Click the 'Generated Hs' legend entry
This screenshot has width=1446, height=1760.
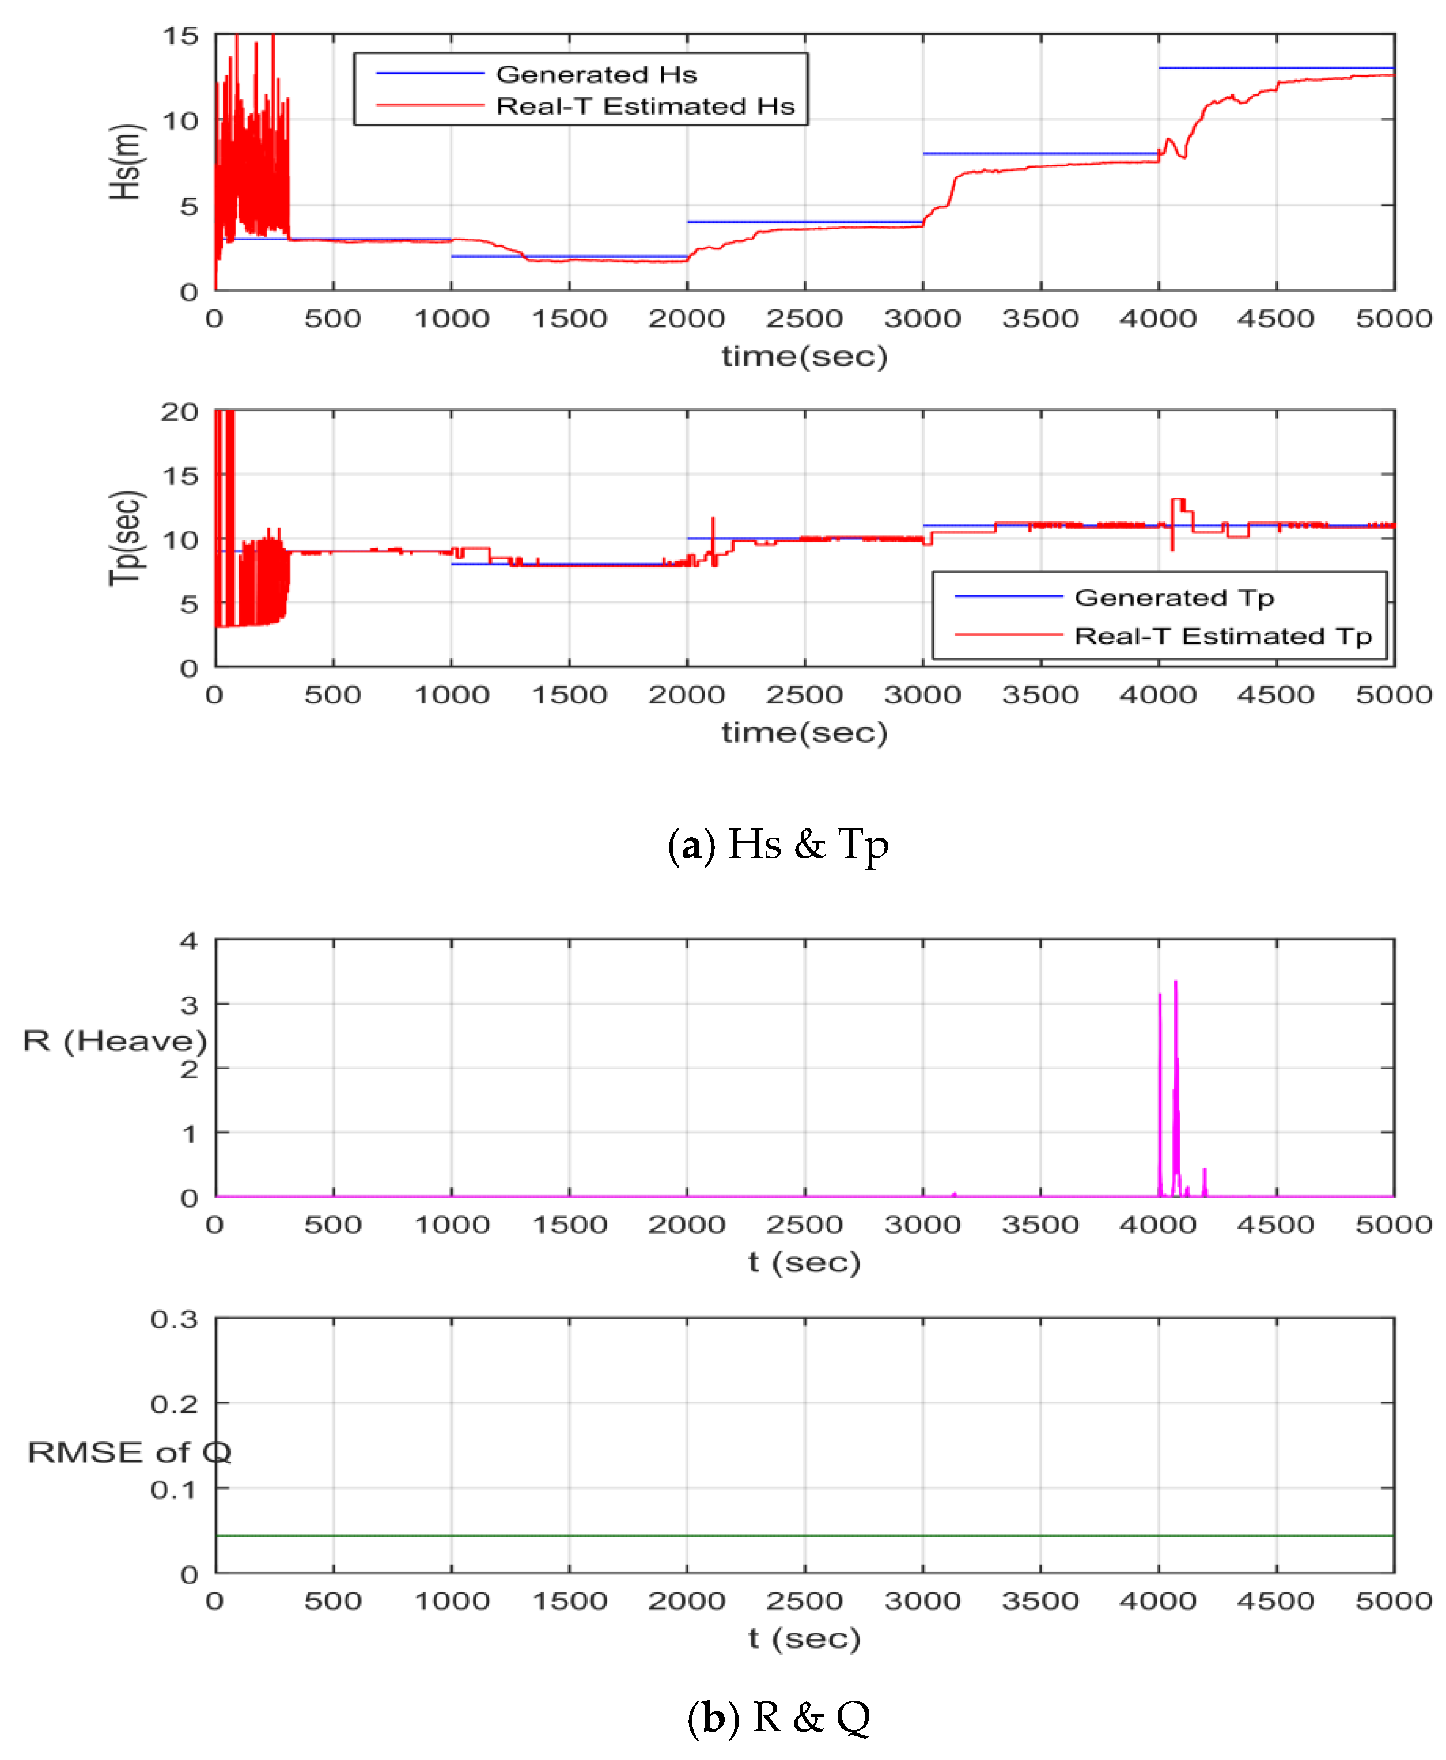click(x=596, y=74)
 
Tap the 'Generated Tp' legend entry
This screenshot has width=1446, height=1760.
click(x=1173, y=597)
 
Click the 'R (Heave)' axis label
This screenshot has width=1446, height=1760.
click(x=115, y=1040)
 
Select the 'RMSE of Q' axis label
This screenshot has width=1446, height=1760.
click(x=129, y=1452)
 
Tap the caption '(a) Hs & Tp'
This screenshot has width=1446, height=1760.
click(x=778, y=844)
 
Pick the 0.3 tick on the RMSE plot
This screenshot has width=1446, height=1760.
click(x=174, y=1319)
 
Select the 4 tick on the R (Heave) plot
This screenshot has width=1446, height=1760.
click(x=189, y=941)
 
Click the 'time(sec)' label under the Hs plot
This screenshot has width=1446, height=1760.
click(x=805, y=357)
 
